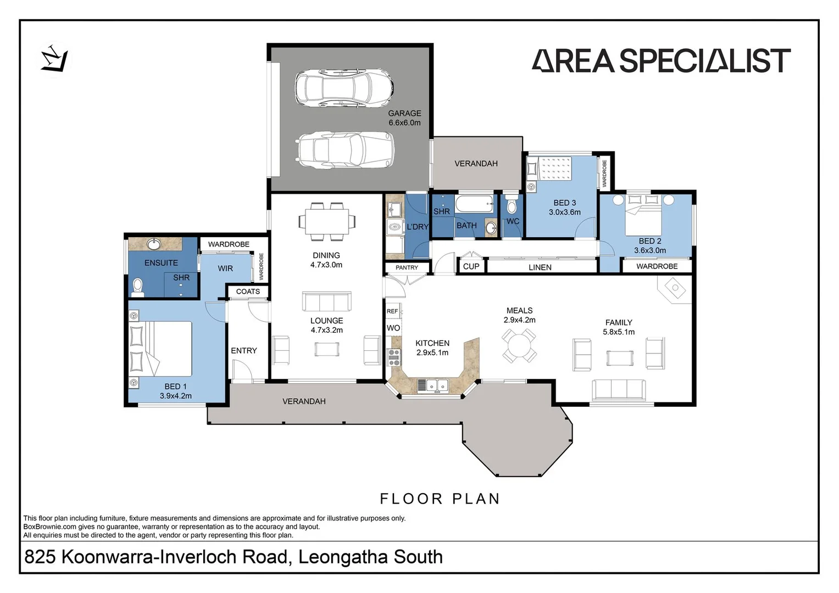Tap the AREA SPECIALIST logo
coord(661,61)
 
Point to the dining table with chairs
coord(326,221)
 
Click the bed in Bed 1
coord(160,349)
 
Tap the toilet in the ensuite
coord(138,287)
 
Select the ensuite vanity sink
coord(153,243)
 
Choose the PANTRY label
coord(407,267)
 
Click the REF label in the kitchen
coord(392,311)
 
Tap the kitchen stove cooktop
coord(394,357)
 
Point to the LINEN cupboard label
coord(540,267)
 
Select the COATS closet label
coord(248,292)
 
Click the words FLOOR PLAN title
coord(440,499)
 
